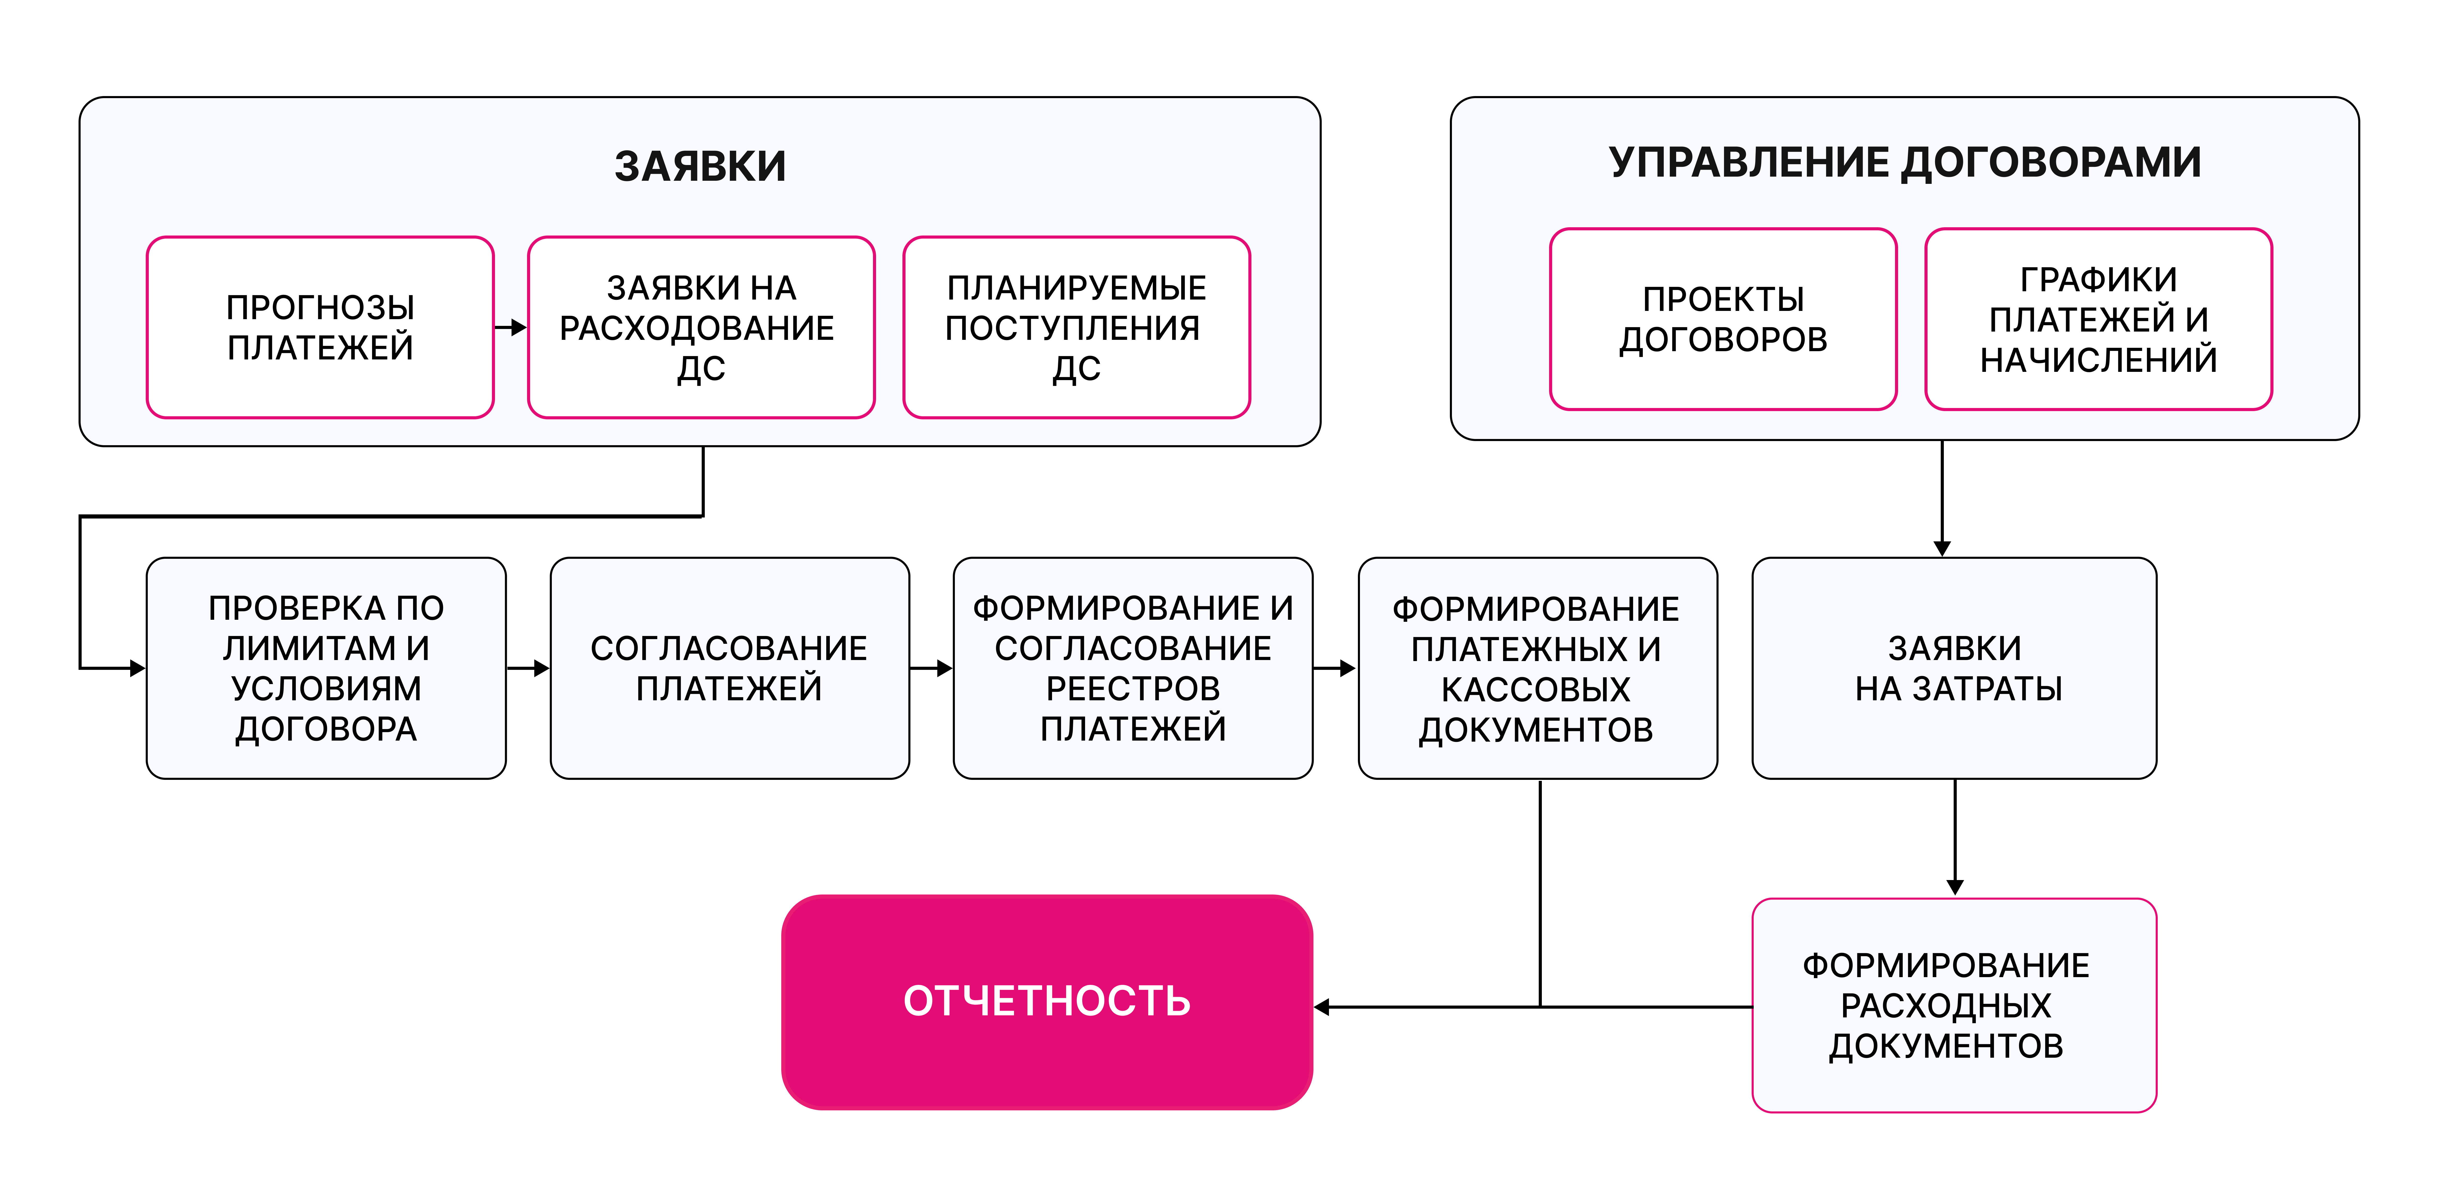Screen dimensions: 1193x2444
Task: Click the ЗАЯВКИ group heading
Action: (x=700, y=167)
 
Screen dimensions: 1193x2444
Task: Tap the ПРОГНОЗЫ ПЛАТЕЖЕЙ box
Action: (x=321, y=327)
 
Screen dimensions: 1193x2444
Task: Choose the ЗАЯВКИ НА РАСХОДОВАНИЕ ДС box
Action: (x=700, y=327)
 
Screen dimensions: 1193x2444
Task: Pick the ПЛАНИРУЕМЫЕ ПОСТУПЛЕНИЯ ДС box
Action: (x=1076, y=327)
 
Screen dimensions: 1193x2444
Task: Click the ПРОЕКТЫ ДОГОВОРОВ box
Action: (x=1723, y=320)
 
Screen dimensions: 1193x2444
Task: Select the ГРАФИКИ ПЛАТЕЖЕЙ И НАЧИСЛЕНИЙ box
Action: (x=2098, y=320)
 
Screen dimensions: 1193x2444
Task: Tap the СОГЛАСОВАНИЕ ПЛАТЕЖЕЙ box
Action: (x=729, y=668)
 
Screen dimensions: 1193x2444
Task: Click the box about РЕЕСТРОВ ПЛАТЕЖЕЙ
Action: (x=1133, y=668)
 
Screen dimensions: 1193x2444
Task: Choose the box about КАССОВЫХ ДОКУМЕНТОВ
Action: (x=1537, y=668)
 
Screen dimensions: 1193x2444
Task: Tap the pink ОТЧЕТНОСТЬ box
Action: (x=1047, y=1001)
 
